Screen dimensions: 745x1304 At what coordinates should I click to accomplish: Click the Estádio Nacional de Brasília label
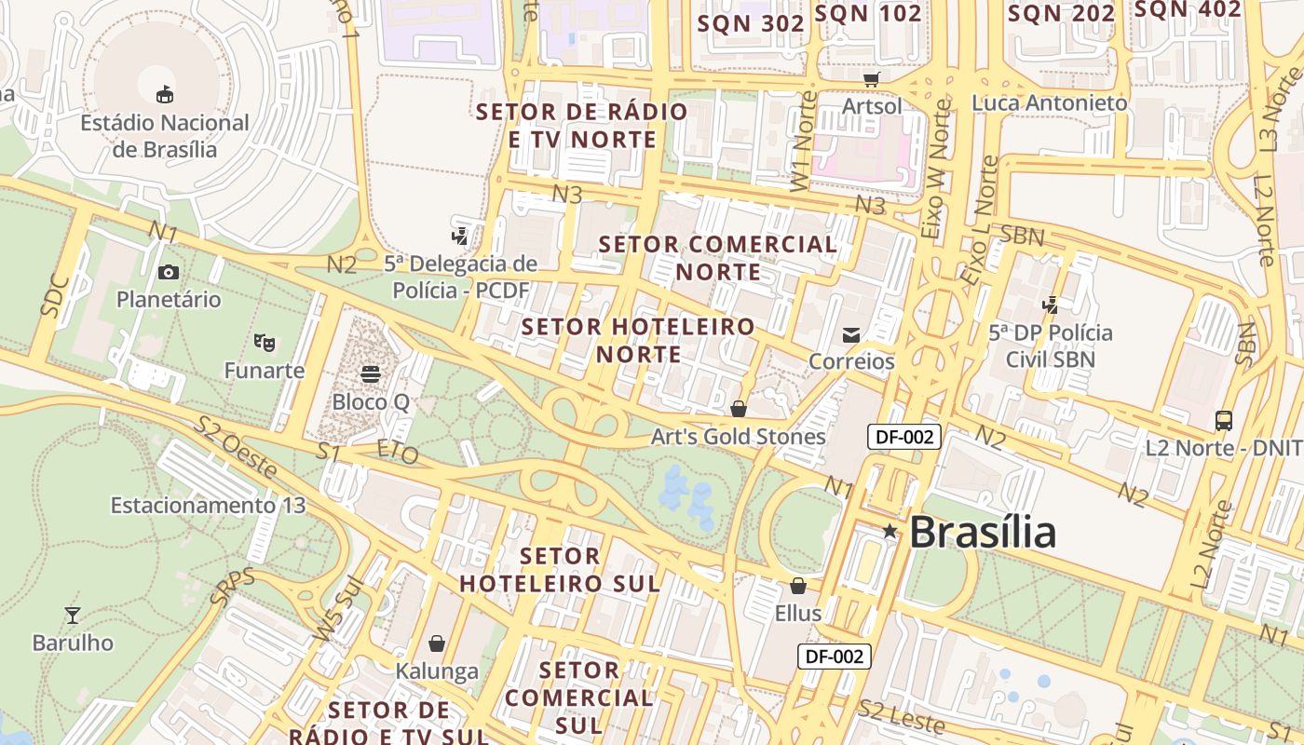pyautogui.click(x=164, y=136)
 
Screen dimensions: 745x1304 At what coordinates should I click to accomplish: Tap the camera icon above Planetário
pyautogui.click(x=169, y=272)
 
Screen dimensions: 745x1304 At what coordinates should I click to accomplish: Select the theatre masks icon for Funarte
pyautogui.click(x=265, y=343)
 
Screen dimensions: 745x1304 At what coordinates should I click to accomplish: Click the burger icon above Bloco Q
pyautogui.click(x=371, y=374)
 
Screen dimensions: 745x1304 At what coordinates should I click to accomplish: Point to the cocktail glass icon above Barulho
pyautogui.click(x=73, y=615)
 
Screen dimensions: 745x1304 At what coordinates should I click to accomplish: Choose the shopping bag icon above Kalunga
pyautogui.click(x=437, y=643)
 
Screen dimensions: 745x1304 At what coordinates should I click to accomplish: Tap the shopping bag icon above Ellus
pyautogui.click(x=798, y=586)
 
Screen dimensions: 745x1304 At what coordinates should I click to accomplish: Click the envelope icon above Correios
pyautogui.click(x=851, y=334)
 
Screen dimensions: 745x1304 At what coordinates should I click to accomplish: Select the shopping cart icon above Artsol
pyautogui.click(x=872, y=79)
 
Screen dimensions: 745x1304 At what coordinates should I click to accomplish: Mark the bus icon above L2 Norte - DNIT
pyautogui.click(x=1224, y=421)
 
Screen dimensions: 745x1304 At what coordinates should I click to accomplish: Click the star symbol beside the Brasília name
pyautogui.click(x=890, y=531)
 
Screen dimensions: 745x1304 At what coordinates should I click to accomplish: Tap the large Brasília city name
pyautogui.click(x=983, y=533)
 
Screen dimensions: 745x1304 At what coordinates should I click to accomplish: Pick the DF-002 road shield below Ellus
pyautogui.click(x=835, y=657)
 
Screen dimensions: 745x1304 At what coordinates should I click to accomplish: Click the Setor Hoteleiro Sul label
pyautogui.click(x=560, y=570)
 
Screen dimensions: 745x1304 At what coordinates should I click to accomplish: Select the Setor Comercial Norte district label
pyautogui.click(x=718, y=258)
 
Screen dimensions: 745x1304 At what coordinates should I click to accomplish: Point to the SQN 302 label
pyautogui.click(x=751, y=24)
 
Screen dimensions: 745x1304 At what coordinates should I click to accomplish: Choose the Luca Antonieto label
pyautogui.click(x=1050, y=103)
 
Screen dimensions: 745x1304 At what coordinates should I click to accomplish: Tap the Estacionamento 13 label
pyautogui.click(x=208, y=506)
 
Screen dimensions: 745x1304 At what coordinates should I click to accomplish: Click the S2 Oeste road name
pyautogui.click(x=237, y=448)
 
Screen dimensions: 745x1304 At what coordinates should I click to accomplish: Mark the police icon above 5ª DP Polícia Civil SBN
pyautogui.click(x=1051, y=305)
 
